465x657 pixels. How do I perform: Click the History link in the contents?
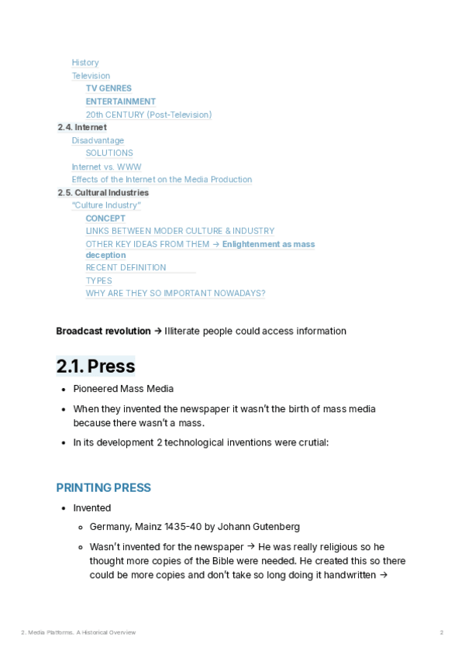click(x=85, y=63)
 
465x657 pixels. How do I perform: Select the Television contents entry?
click(x=91, y=76)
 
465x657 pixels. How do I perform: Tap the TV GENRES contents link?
click(x=108, y=88)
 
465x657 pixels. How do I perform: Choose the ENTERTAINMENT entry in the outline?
click(x=120, y=101)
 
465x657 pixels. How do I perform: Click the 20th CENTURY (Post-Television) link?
click(x=148, y=115)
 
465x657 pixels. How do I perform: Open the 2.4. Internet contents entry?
click(x=82, y=127)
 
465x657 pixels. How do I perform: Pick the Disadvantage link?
click(x=98, y=140)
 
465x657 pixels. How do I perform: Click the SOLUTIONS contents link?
click(x=109, y=153)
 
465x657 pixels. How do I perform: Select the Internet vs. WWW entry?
click(x=106, y=167)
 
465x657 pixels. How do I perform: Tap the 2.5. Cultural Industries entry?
click(x=103, y=192)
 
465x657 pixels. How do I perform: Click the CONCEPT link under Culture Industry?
click(x=105, y=218)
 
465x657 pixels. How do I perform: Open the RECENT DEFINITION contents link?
click(x=126, y=267)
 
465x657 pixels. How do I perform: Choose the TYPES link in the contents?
click(x=98, y=280)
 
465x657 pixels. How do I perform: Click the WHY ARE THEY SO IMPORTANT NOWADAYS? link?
click(x=175, y=294)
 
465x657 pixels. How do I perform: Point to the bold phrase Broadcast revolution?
click(x=103, y=331)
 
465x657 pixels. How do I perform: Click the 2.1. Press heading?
click(x=95, y=366)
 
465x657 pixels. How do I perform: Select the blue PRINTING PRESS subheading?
click(x=103, y=488)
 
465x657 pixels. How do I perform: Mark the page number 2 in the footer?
click(x=442, y=633)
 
